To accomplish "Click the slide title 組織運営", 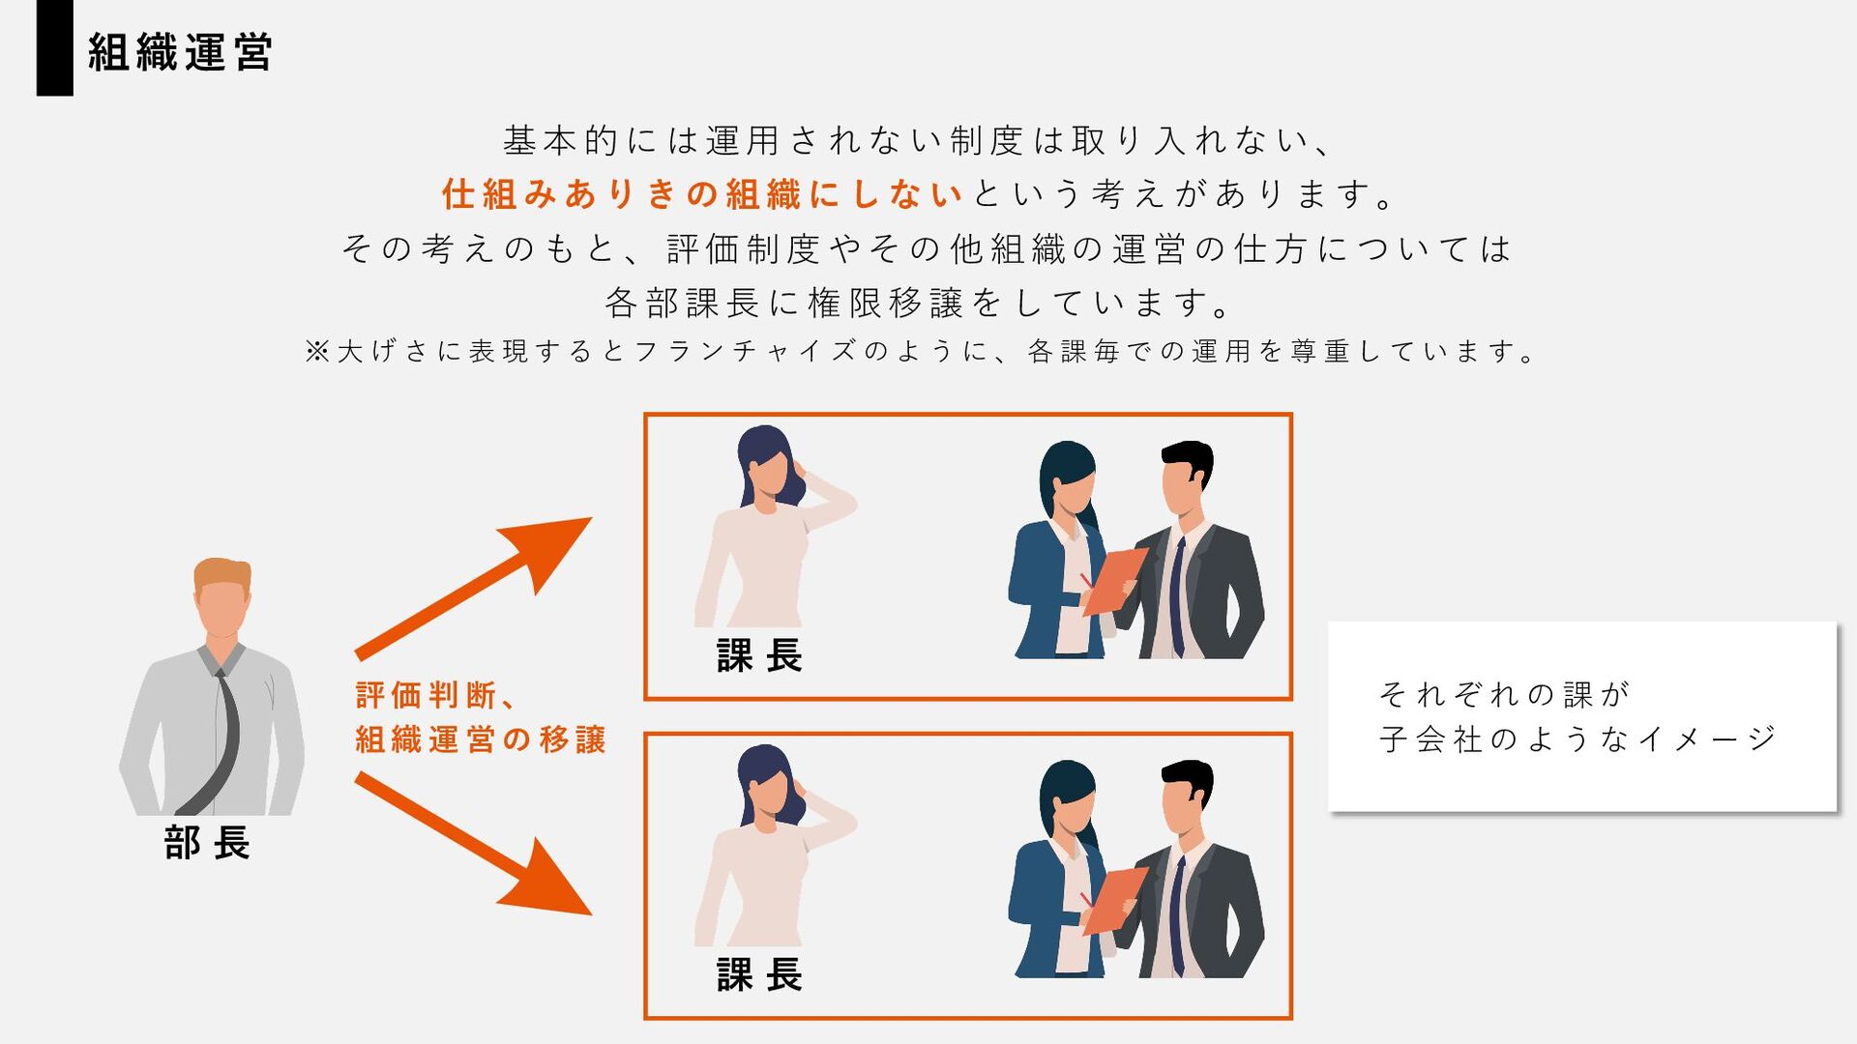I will coord(180,52).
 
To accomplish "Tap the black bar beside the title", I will coord(54,47).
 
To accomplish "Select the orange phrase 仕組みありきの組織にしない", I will coord(702,194).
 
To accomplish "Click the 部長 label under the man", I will coord(207,843).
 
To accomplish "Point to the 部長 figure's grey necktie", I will coord(224,735).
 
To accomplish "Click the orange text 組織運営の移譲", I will coord(481,739).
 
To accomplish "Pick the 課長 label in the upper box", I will coord(759,655).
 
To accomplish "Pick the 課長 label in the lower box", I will coord(759,974).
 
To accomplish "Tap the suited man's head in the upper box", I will coord(1186,477).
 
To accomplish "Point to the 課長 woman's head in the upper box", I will coord(767,462).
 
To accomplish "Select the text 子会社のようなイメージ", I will coord(1577,739).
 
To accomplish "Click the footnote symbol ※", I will coord(317,351).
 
